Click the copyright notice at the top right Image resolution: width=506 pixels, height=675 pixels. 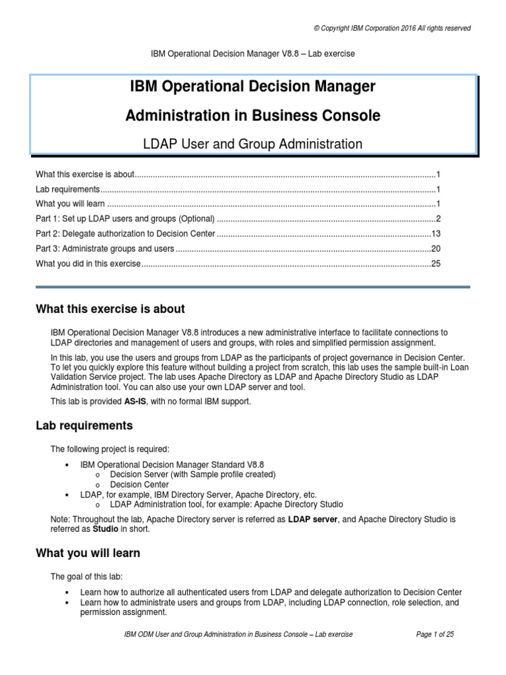pyautogui.click(x=392, y=28)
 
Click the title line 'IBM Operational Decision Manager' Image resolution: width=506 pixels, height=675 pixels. pyautogui.click(x=253, y=86)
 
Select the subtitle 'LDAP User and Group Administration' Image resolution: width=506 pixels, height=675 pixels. pyautogui.click(x=253, y=144)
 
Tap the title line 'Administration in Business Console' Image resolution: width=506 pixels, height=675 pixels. pyautogui.click(x=253, y=115)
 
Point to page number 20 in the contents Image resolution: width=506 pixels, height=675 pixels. pyautogui.click(x=435, y=249)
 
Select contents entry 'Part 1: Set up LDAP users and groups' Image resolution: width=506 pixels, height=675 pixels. pyautogui.click(x=125, y=219)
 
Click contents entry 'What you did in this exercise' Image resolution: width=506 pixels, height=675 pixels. pyautogui.click(x=88, y=264)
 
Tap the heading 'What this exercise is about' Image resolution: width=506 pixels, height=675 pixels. pyautogui.click(x=110, y=309)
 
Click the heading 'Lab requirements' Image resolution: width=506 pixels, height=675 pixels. pyautogui.click(x=84, y=425)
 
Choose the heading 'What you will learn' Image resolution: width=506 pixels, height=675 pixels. pyautogui.click(x=88, y=553)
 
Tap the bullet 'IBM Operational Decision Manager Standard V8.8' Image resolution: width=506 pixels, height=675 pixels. pyautogui.click(x=172, y=465)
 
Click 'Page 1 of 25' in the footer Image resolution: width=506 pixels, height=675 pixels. pyautogui.click(x=436, y=634)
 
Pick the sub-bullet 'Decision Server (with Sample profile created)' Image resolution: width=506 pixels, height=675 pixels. pyautogui.click(x=192, y=475)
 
